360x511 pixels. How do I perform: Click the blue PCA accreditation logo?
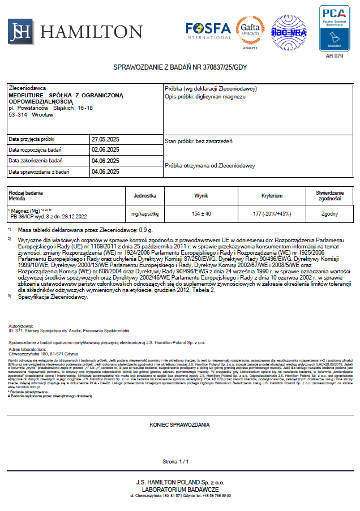[335, 28]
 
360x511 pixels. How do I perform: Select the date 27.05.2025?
[105, 139]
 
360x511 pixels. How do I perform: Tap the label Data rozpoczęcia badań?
[36, 150]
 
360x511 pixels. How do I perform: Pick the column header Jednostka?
[145, 195]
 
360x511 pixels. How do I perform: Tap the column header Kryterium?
[272, 195]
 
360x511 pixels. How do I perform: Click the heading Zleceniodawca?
[28, 89]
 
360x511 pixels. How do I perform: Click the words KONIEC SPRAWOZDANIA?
[179, 424]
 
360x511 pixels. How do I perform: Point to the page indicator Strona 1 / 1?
[175, 462]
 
